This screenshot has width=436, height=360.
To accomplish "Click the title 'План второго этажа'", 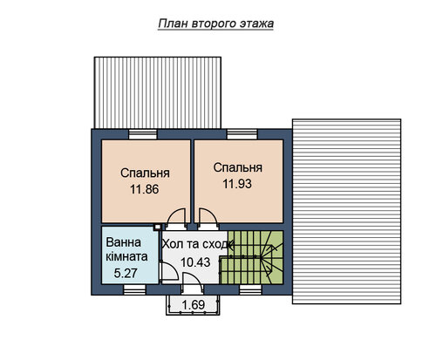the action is (215, 24).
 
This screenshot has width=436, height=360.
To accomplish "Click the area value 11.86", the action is (144, 189).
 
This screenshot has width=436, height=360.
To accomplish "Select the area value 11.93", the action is (237, 184).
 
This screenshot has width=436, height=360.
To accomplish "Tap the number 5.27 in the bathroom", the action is (126, 273).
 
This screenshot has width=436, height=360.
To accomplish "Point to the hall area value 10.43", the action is (195, 262).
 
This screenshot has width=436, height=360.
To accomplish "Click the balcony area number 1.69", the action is (194, 305).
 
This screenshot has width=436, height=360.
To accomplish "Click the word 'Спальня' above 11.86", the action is (145, 173).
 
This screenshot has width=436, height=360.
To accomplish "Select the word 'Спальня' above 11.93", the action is (238, 167).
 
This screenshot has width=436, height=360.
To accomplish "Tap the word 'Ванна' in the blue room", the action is (124, 242).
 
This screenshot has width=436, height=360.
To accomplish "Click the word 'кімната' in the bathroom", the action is (126, 257).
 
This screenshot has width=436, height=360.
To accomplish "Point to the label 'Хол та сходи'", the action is (198, 244).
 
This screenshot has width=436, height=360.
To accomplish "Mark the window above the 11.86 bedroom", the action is (143, 134).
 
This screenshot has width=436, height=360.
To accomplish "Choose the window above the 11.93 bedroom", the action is (242, 134).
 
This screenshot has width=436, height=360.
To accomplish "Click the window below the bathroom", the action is (134, 289).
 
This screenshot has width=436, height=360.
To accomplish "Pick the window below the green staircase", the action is (250, 289).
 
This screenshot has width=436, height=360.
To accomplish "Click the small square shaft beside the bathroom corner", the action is (157, 228).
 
